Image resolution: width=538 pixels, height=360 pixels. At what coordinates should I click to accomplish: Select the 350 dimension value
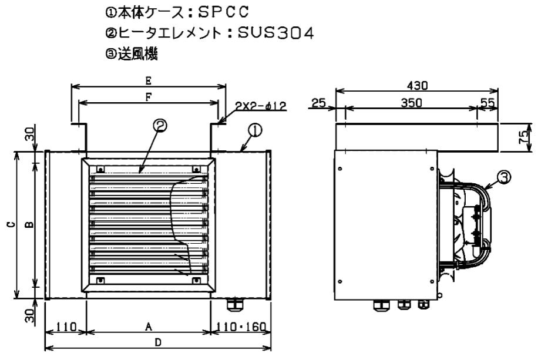(x=411, y=102)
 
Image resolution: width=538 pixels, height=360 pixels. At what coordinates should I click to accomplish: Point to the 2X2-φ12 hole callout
(x=261, y=106)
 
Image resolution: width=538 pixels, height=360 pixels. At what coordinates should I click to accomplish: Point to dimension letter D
(x=157, y=342)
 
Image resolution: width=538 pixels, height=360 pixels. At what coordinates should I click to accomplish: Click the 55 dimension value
(x=487, y=102)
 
